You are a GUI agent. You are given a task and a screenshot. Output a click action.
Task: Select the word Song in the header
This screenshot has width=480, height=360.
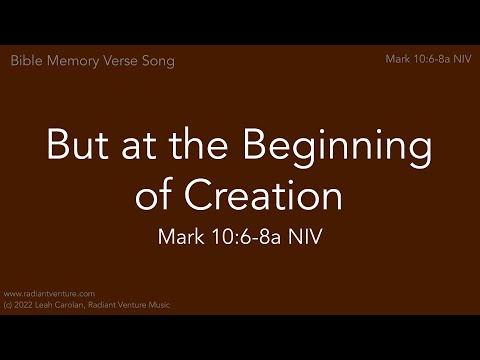tap(158, 61)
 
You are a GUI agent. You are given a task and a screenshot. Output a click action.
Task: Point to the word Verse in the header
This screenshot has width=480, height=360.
tap(121, 61)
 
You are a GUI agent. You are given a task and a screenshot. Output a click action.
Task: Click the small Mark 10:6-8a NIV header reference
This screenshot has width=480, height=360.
tap(427, 60)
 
